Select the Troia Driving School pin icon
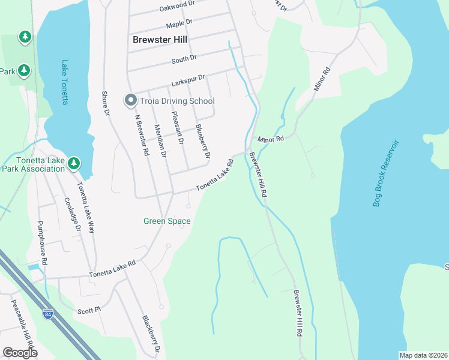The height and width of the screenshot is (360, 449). point(130,101)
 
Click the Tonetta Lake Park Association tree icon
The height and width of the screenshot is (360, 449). point(73,163)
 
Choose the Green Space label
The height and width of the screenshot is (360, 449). point(167,221)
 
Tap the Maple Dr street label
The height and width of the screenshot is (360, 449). point(179,24)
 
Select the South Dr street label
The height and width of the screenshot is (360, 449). point(184,59)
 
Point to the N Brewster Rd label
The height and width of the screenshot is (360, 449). point(142,135)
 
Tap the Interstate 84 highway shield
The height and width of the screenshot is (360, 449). point(48,314)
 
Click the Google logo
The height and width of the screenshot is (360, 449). point(20,353)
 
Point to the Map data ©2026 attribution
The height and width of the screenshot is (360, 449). point(423,355)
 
